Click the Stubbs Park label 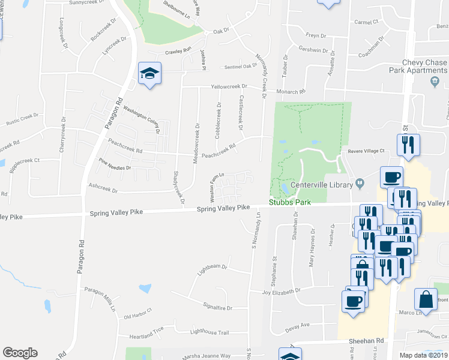click(x=290, y=202)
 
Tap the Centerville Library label click(x=321, y=184)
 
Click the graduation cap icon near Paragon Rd click(x=149, y=74)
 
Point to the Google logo click(x=20, y=353)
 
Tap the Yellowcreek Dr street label click(x=229, y=86)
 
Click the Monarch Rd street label click(x=291, y=92)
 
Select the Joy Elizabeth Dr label click(x=281, y=292)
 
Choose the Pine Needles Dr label click(x=115, y=165)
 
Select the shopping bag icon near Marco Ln click(x=426, y=300)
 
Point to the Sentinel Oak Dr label click(x=241, y=67)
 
